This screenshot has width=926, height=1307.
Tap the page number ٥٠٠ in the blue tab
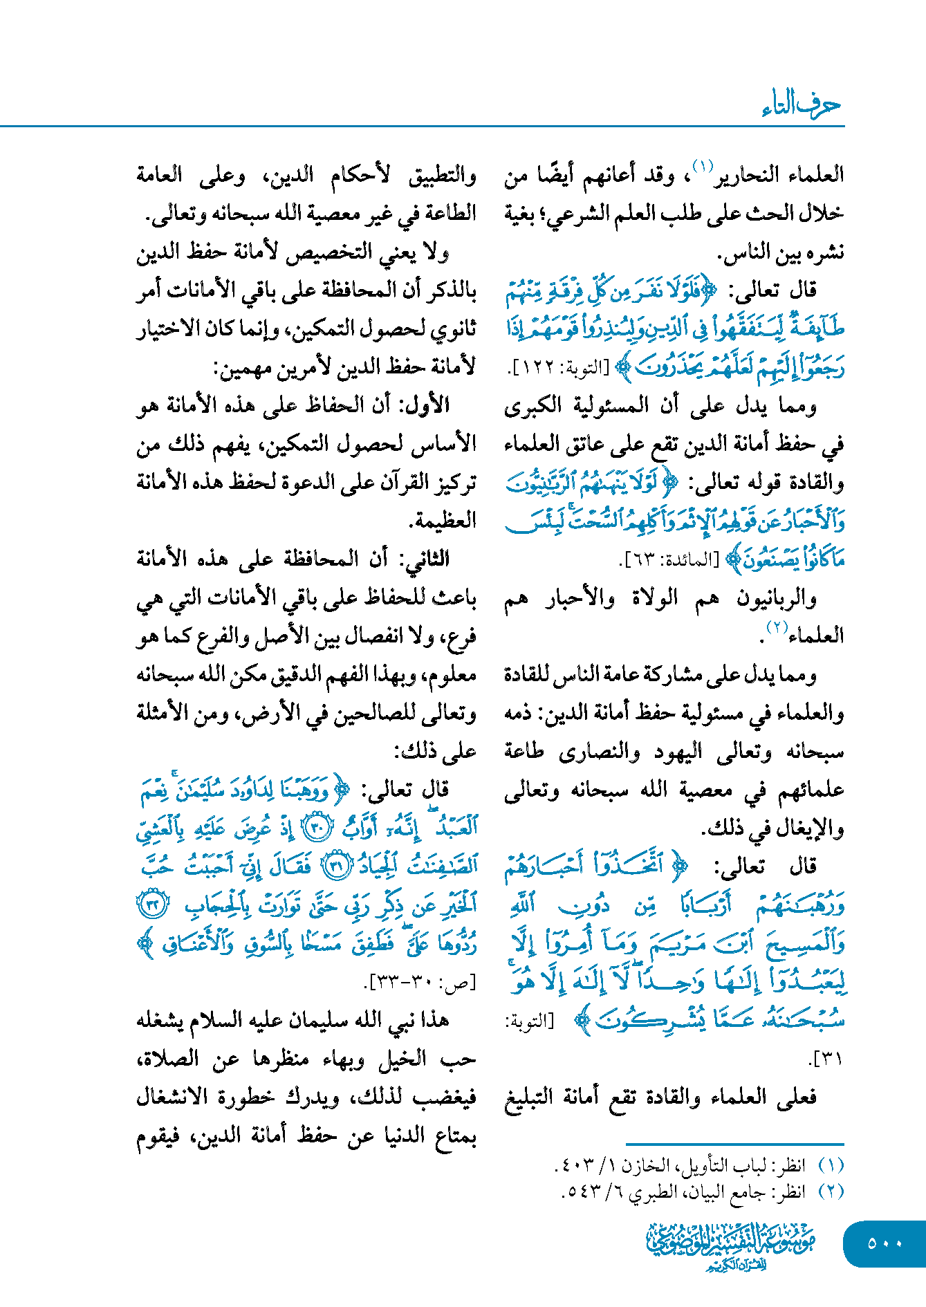click(885, 1243)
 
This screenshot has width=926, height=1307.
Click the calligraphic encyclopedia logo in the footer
click(732, 1245)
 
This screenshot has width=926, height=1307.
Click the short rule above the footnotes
click(734, 1145)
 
